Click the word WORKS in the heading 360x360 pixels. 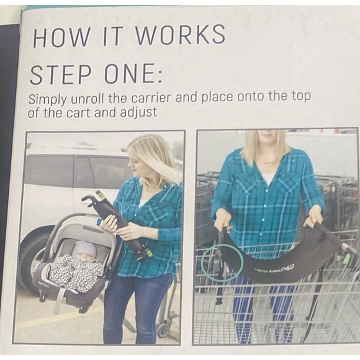click(181, 35)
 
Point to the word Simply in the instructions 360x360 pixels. click(48, 100)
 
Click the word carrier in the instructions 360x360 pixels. click(151, 99)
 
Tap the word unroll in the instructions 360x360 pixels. click(88, 99)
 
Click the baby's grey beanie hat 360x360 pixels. click(84, 250)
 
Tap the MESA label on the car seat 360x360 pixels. click(43, 284)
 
